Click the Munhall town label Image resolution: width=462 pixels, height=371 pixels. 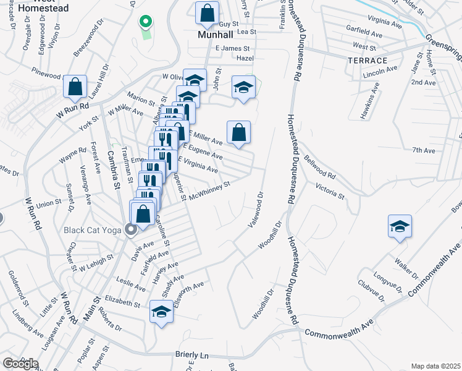tap(214, 35)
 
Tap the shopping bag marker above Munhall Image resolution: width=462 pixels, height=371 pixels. tap(208, 12)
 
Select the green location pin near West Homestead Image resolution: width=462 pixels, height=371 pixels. tap(146, 22)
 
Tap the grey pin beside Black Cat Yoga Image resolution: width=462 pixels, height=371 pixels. tap(131, 230)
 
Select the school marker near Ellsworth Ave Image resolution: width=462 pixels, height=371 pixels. tap(161, 312)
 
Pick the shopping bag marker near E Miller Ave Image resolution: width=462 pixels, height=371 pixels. tap(238, 132)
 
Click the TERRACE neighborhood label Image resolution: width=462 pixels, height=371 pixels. tap(367, 61)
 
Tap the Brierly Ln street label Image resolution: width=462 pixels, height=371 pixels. tap(191, 356)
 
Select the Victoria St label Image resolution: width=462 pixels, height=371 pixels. tap(329, 191)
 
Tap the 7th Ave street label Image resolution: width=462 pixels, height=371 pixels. tap(424, 150)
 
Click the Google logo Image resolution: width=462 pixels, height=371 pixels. tap(20, 364)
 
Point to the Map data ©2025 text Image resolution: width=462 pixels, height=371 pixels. tap(435, 366)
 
